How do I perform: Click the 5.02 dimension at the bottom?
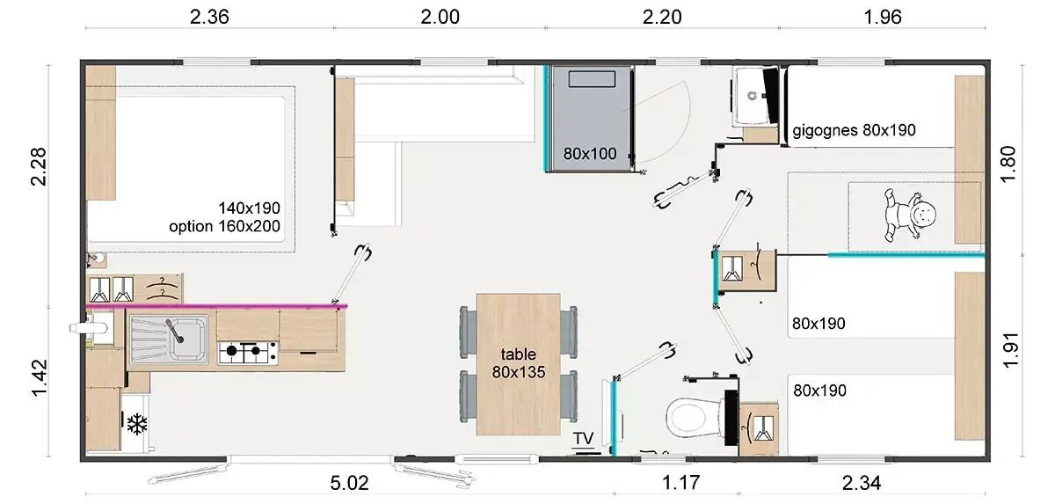[x=349, y=483]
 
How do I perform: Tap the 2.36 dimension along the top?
[x=209, y=17]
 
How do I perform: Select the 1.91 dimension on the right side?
[x=1011, y=350]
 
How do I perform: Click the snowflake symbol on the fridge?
[x=137, y=424]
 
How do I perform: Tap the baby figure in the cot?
[x=909, y=215]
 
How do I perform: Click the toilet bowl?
[x=695, y=417]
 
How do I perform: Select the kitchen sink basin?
[x=188, y=338]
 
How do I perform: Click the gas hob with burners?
[x=248, y=353]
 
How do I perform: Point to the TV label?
[x=583, y=439]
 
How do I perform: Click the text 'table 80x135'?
[x=519, y=363]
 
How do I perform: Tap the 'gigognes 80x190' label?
[x=854, y=130]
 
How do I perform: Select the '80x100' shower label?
[x=590, y=154]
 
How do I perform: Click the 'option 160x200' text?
[x=225, y=227]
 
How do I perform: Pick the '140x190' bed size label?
[x=249, y=208]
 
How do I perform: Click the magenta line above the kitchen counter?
[x=216, y=306]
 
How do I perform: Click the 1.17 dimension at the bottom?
[x=680, y=483]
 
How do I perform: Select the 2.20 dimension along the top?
[x=662, y=17]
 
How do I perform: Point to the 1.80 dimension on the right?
[x=1008, y=164]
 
